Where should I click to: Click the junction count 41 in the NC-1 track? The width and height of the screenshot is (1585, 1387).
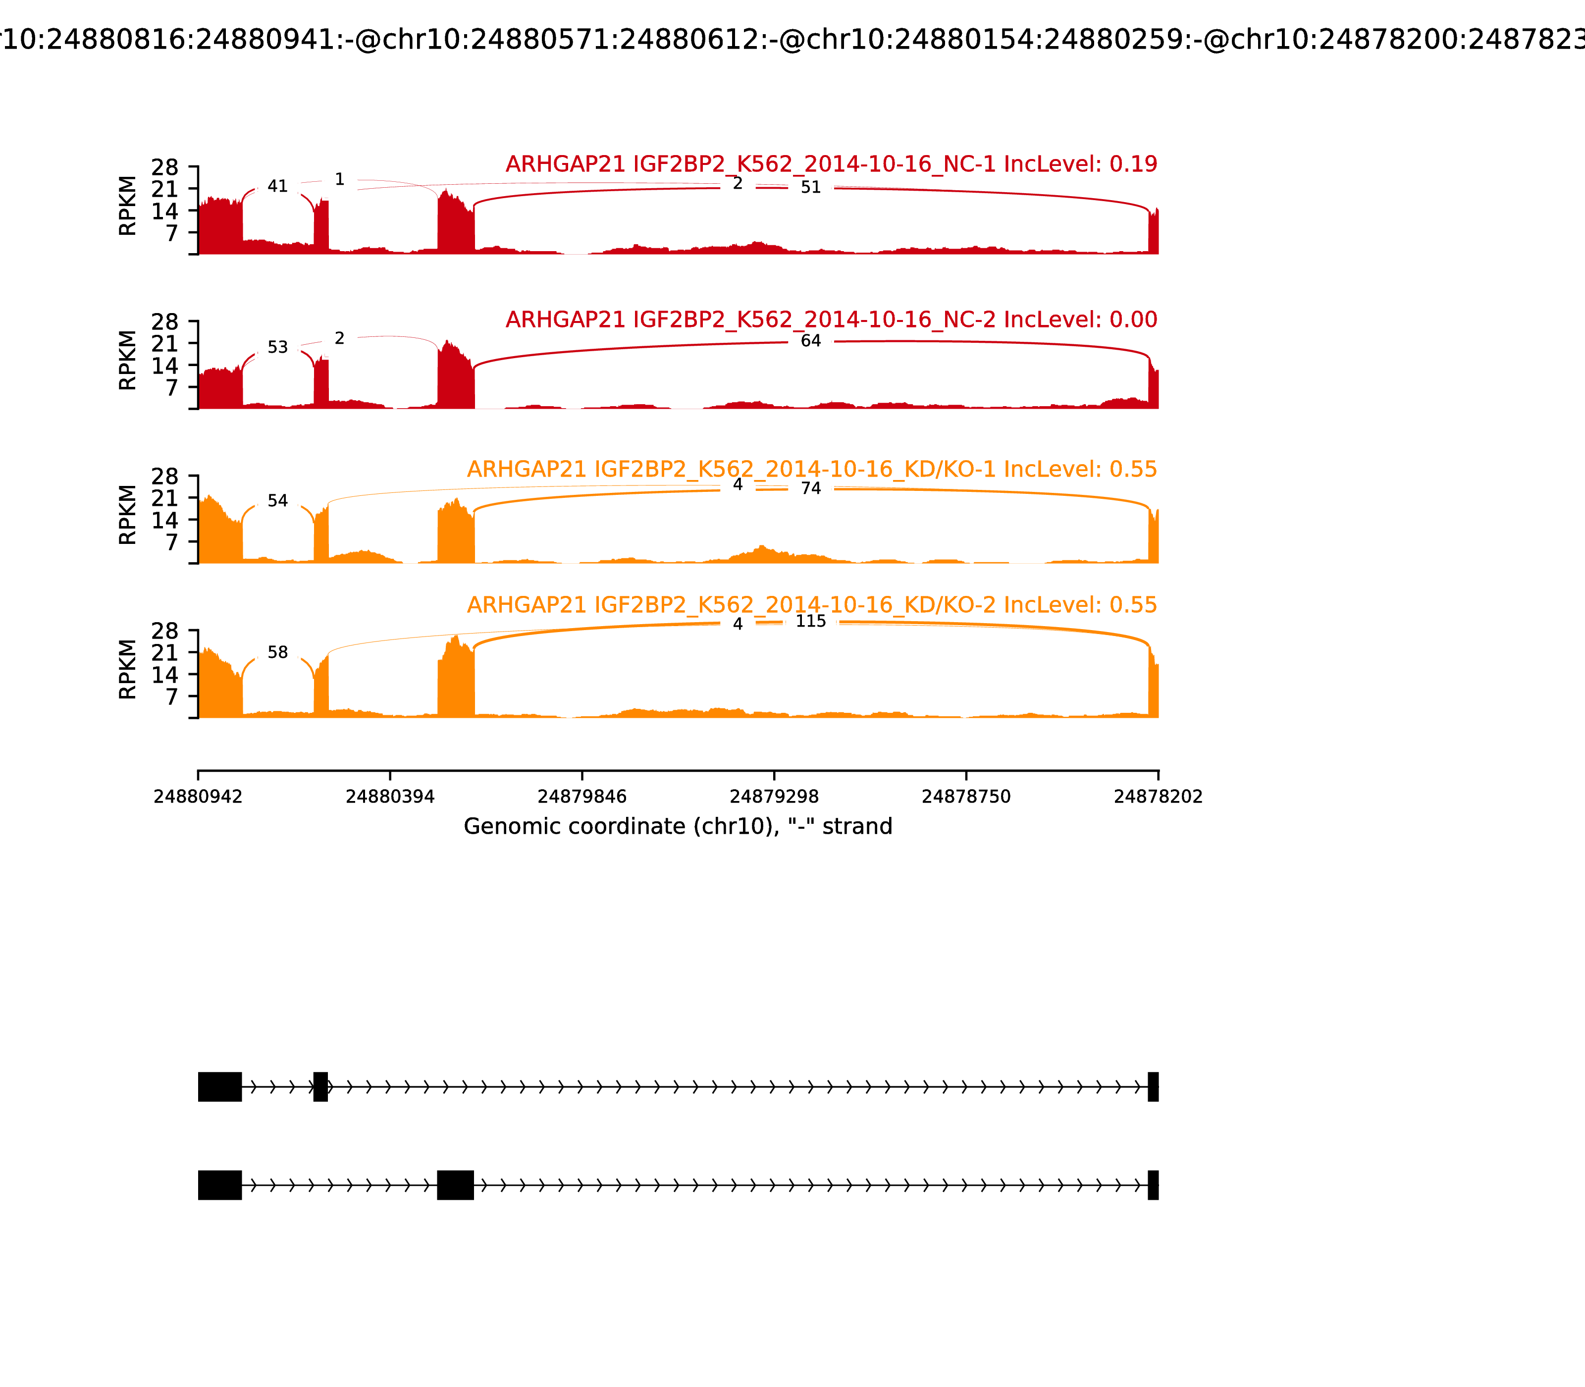(277, 187)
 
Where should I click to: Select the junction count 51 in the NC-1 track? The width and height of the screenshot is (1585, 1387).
(810, 187)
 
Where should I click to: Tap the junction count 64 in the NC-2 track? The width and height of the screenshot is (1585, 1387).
(810, 341)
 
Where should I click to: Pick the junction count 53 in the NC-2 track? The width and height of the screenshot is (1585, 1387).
(277, 348)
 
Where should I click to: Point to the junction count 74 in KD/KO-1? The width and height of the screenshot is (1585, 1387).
(810, 488)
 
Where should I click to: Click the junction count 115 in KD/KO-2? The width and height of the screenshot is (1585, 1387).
(810, 622)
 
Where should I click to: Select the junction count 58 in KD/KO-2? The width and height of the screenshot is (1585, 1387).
(277, 652)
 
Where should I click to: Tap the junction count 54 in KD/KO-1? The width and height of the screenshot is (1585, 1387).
(277, 501)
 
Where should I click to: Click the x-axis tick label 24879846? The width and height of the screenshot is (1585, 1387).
(582, 797)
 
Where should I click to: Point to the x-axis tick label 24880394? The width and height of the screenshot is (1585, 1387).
(390, 797)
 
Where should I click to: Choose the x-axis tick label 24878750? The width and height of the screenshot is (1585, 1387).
(966, 797)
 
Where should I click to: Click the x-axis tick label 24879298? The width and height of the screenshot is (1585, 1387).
(774, 797)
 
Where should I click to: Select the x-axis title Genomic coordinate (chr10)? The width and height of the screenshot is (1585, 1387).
(678, 827)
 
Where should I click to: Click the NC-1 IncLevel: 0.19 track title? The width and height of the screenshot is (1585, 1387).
(831, 164)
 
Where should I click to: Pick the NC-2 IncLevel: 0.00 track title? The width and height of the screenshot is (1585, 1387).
(831, 320)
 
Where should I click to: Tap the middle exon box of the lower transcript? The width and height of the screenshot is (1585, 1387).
(455, 1185)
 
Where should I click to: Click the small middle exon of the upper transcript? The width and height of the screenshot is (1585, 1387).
(320, 1087)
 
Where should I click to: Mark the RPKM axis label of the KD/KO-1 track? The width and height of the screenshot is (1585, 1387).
(128, 515)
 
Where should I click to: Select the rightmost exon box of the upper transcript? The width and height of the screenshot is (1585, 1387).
(1153, 1087)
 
